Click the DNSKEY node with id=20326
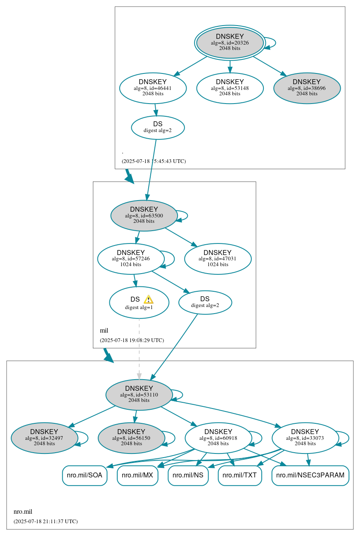click(230, 43)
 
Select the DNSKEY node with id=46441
click(153, 88)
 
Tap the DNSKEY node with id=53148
click(230, 88)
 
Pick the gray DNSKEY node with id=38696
click(307, 88)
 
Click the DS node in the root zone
click(158, 128)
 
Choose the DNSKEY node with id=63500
click(144, 215)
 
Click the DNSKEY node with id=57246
click(131, 259)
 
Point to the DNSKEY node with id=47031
click(218, 259)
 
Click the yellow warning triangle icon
click(149, 300)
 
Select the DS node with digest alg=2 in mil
click(205, 302)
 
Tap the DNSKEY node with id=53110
click(139, 394)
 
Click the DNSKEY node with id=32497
click(44, 438)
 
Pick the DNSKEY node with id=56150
click(131, 438)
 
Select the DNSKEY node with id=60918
click(218, 438)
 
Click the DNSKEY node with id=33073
click(306, 438)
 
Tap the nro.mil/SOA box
click(85, 475)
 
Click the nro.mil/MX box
click(137, 475)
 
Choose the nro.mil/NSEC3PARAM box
click(310, 475)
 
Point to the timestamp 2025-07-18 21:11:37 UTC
click(45, 521)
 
